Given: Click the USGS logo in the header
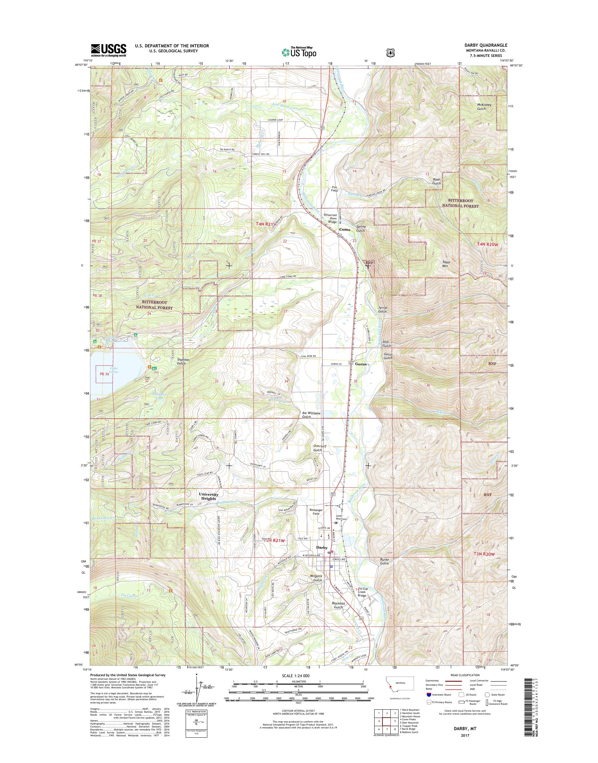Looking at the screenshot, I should (x=108, y=50).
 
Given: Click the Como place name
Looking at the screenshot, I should (x=345, y=230).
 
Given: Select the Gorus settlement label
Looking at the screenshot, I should (x=361, y=364).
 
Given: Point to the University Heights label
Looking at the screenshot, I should (x=209, y=496).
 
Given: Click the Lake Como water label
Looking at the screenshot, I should (x=114, y=370).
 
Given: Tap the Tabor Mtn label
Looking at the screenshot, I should (x=444, y=264).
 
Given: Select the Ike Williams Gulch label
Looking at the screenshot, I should (x=311, y=415).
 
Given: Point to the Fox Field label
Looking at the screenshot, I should (x=335, y=189).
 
